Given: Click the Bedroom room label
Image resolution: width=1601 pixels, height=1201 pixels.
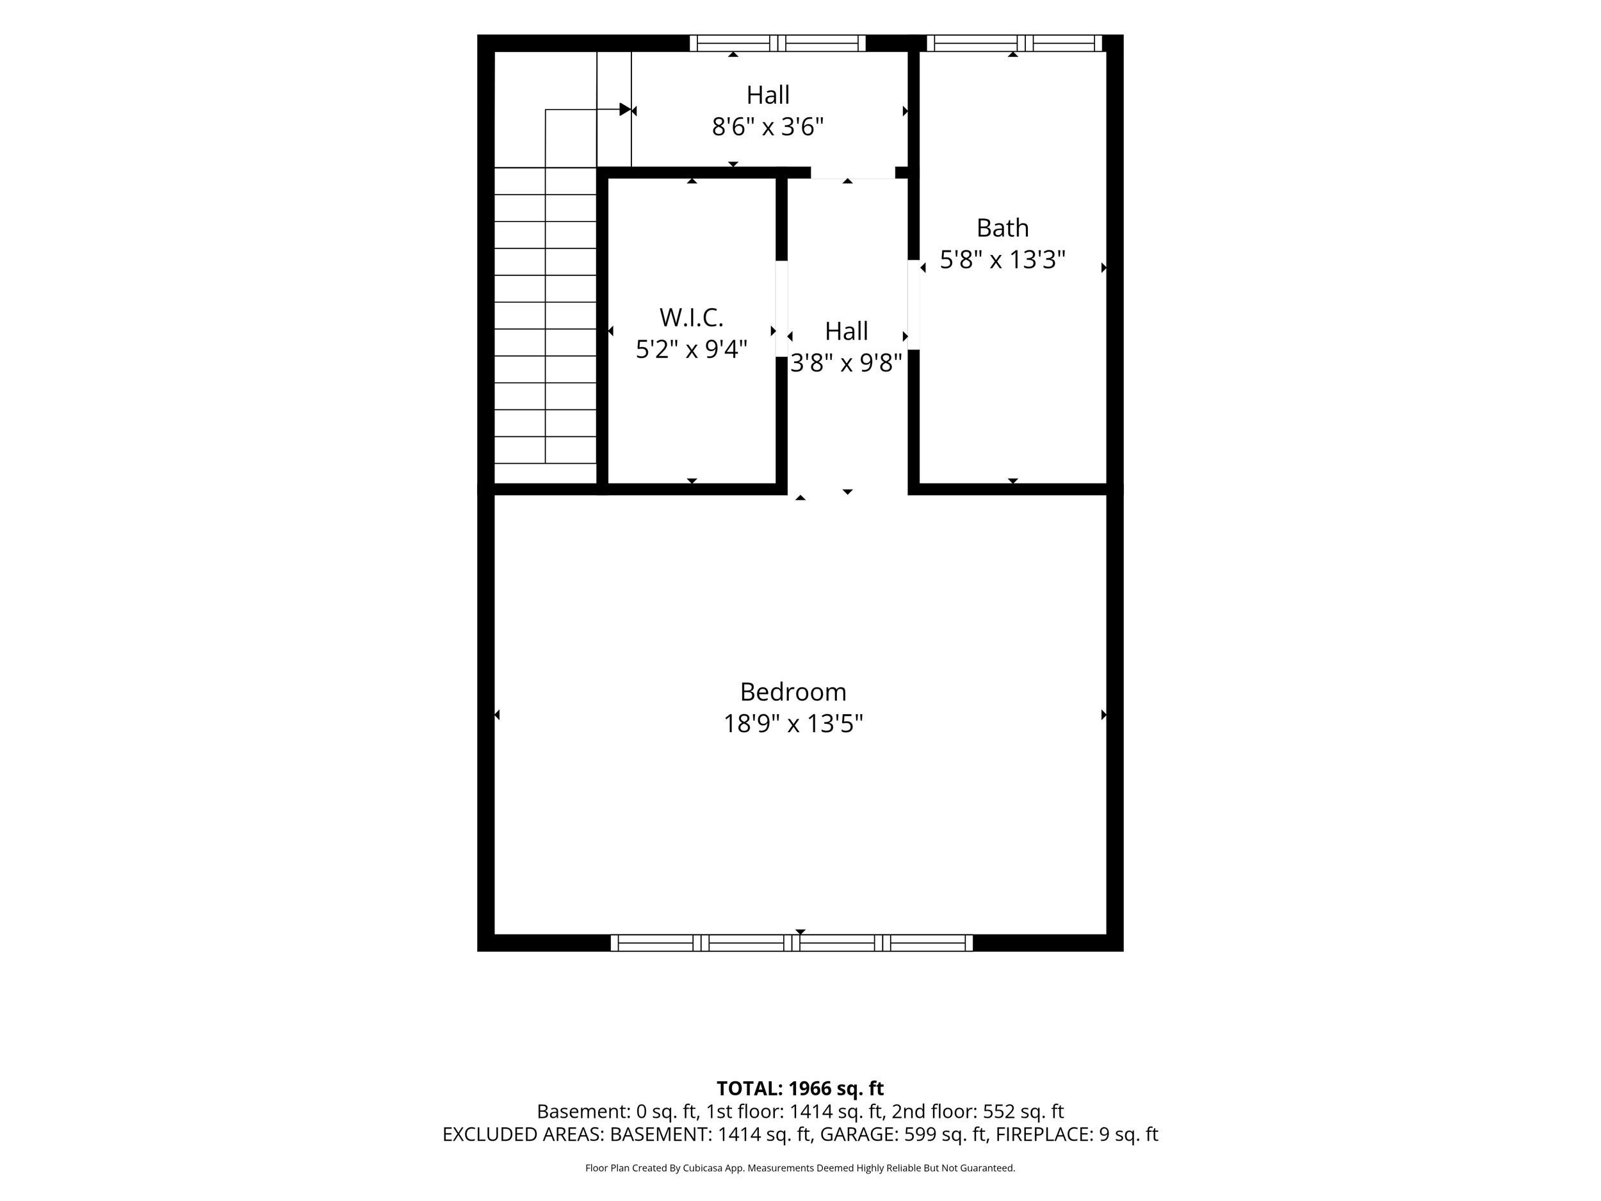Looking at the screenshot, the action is coord(793,692).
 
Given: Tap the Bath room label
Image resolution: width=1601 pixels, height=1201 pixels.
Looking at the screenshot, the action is coord(1002,228).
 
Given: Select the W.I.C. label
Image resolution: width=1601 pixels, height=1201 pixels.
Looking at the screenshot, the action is coord(691,318).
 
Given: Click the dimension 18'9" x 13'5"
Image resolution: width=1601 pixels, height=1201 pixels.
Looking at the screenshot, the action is coord(793,724).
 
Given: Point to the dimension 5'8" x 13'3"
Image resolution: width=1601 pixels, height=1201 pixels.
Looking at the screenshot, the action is coord(1002,260).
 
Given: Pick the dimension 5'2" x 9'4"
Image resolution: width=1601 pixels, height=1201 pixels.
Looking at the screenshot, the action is coord(691,350).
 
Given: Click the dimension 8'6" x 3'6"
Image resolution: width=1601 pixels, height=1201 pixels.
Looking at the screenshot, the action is coord(768,127).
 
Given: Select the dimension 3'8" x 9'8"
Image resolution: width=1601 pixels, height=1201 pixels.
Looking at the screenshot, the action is coord(846,363).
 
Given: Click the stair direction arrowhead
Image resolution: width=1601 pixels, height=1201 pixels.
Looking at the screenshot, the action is coord(625,110).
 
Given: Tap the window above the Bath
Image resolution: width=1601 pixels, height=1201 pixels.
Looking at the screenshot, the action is coord(1014,44).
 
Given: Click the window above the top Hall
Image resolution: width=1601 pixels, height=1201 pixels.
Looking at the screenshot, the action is coord(777,44).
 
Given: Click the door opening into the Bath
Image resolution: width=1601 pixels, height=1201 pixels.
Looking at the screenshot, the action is coord(913,305).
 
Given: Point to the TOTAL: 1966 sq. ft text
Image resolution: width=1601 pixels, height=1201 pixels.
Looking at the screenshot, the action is coord(800,1088).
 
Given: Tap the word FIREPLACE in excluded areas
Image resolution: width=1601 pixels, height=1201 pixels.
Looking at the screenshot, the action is coord(1044,1134).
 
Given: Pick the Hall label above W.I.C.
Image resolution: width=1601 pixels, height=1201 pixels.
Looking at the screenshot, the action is coord(768,95).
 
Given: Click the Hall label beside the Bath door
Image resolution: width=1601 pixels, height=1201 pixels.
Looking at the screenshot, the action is coord(846,332).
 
